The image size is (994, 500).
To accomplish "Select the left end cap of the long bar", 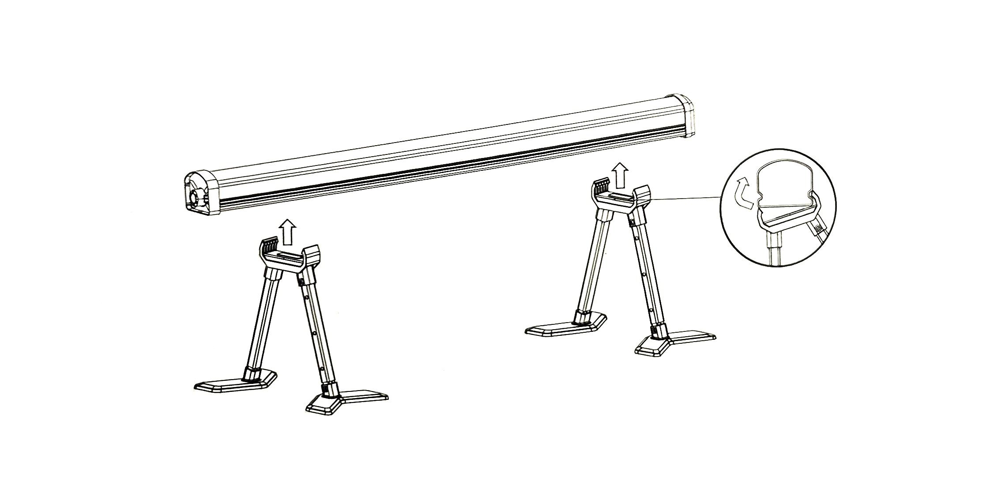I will (x=202, y=195).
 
